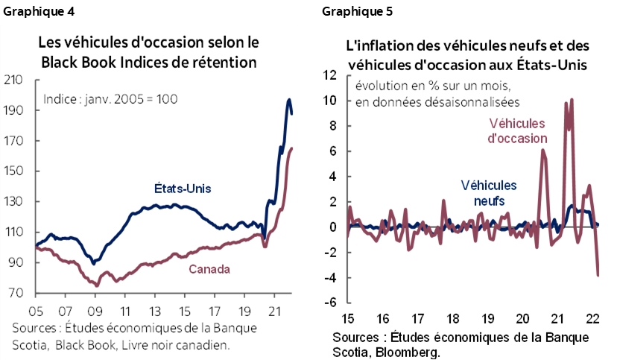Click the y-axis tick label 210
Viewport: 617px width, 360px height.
pos(14,80)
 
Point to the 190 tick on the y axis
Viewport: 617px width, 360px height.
pos(14,110)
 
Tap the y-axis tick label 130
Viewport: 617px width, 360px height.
pos(14,202)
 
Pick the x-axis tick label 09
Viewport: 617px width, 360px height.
pos(95,309)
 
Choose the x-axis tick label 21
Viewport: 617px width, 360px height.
pos(273,309)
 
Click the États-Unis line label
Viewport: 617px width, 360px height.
pos(183,189)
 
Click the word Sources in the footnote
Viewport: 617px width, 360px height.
pos(34,329)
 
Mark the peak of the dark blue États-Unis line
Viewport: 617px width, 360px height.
pos(288,100)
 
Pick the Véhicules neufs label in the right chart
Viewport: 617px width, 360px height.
pos(489,192)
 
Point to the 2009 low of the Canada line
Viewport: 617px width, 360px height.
pos(96,285)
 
